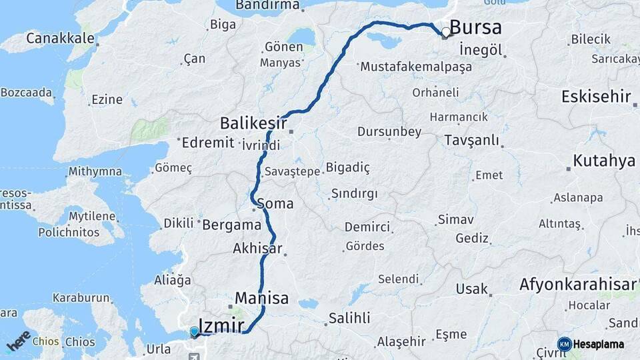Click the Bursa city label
475,27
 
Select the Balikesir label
253,123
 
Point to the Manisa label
261,297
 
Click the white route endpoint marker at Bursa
445,31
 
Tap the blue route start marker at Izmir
194,331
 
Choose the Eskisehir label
595,97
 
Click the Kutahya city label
604,161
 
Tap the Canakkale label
60,38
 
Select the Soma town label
279,203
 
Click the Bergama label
231,225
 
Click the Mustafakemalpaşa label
415,67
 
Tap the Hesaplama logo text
600,345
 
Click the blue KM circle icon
564,345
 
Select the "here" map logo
19,341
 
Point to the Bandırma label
267,5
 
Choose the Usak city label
471,289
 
